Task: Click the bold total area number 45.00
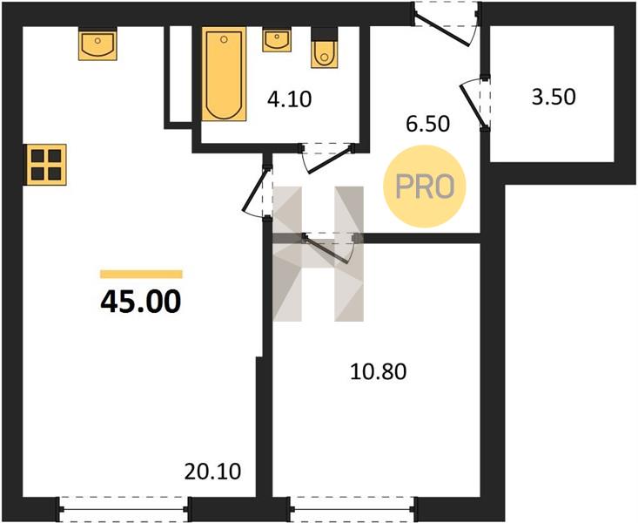coord(141,302)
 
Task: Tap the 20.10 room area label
coord(212,472)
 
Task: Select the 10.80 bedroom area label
coord(378,372)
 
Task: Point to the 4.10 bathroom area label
coord(289,99)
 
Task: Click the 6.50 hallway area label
coord(427,124)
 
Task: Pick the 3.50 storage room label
coord(554,98)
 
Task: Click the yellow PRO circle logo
coord(425,187)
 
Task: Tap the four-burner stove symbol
coord(45,165)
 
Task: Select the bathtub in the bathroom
coord(224,74)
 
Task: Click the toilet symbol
coord(325,48)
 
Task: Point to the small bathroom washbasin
coord(277,40)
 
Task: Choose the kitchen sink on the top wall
coord(97,44)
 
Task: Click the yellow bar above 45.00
coord(141,274)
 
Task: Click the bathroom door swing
coord(327,158)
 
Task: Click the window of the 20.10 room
coord(124,509)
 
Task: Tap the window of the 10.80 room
coord(353,509)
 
